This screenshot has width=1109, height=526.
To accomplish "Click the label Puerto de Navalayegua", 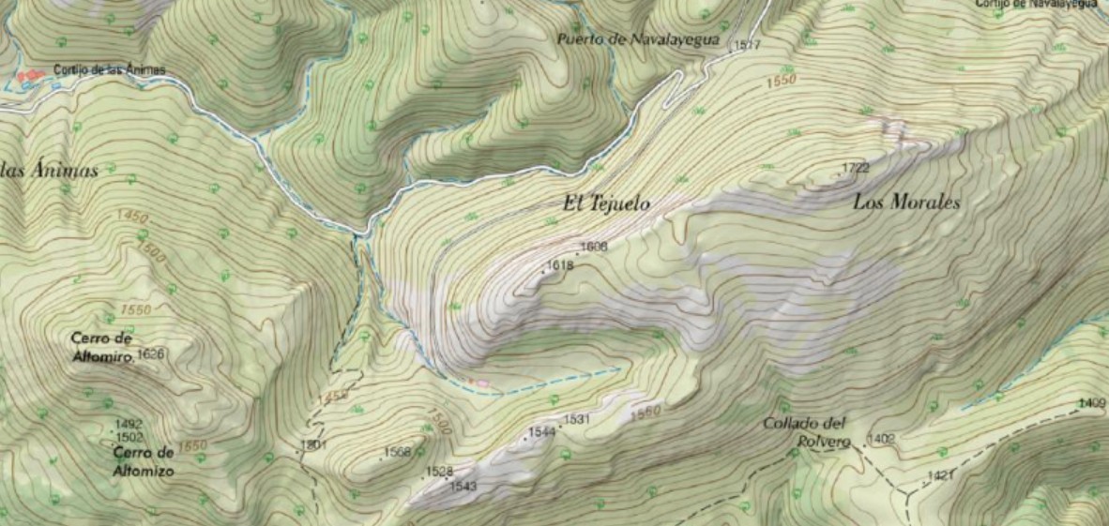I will point(637,40).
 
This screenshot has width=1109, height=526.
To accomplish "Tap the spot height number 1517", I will point(747,45).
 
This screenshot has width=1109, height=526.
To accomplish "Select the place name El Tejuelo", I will point(606,203).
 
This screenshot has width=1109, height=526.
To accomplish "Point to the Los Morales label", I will point(906,202).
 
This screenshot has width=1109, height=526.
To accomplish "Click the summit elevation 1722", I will point(855,168).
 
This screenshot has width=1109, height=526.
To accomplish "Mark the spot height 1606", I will point(595,247).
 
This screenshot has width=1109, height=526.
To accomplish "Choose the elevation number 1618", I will point(560,265).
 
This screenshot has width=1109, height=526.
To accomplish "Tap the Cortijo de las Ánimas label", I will point(110,69).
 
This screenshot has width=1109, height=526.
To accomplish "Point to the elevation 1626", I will point(150,353).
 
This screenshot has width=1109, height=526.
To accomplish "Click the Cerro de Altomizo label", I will point(144,461).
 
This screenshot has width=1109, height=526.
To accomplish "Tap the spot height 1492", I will point(129,424).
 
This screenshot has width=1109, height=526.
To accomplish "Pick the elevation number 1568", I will point(398,452).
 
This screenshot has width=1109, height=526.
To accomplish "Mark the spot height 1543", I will point(463,486).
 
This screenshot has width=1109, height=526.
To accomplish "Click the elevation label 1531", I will point(576,419).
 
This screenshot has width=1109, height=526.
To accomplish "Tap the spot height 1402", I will point(883,438).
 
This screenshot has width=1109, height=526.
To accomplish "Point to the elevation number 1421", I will point(940,476).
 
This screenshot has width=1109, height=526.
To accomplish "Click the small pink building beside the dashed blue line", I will point(483,383).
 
